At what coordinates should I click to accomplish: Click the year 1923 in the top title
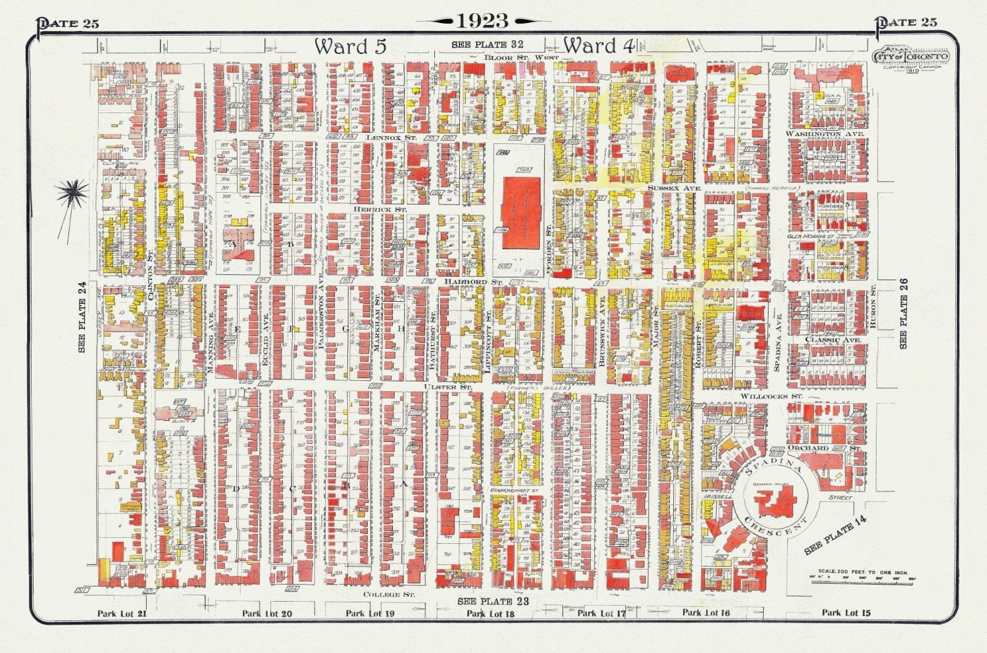[x=483, y=21]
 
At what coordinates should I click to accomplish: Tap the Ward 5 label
[x=349, y=46]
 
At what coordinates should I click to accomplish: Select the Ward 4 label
[x=598, y=45]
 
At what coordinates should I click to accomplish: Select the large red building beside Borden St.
[x=521, y=212]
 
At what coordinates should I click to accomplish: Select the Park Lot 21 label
[x=122, y=614]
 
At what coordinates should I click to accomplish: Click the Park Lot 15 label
[x=846, y=613]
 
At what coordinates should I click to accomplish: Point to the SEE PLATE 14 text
[x=836, y=536]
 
